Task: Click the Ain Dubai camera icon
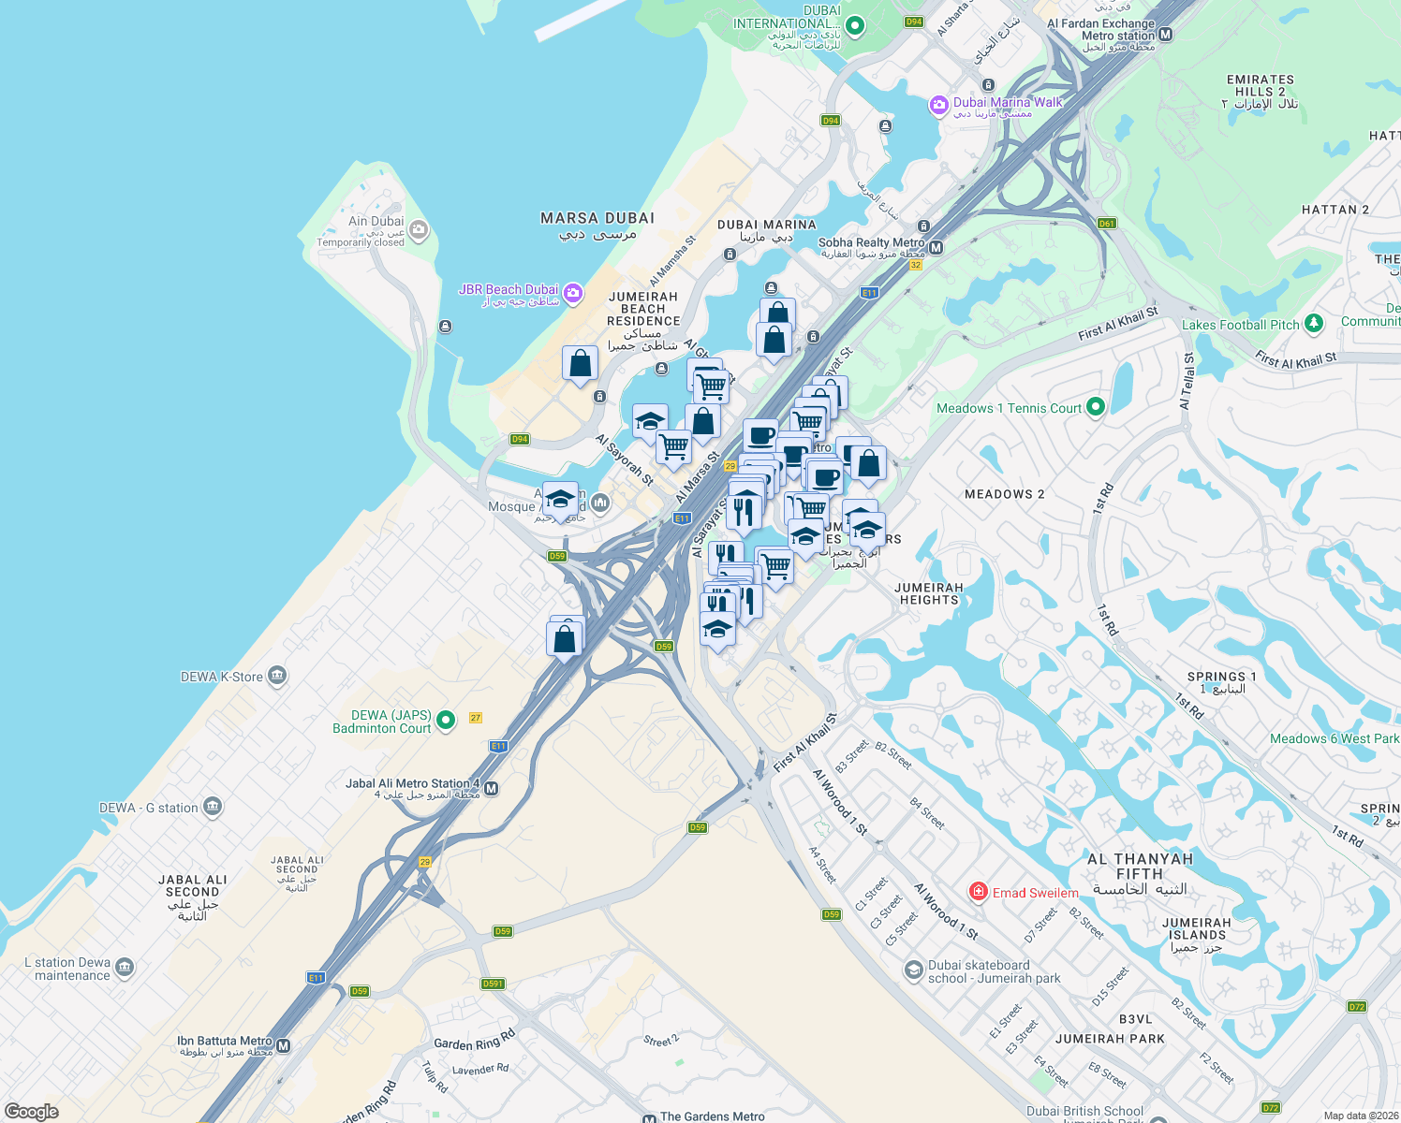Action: click(x=419, y=228)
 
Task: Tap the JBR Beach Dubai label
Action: click(x=509, y=290)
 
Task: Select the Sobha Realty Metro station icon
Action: click(x=936, y=248)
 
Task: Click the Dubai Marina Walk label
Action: click(x=1008, y=103)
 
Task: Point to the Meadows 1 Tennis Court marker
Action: click(x=1096, y=407)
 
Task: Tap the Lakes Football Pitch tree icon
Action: click(x=1314, y=324)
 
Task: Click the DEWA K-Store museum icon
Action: click(x=276, y=676)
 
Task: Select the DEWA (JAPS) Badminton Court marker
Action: click(x=446, y=720)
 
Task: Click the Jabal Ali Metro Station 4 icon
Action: click(x=492, y=789)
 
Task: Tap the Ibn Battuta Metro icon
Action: click(x=284, y=1045)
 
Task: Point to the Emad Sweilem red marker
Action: click(x=979, y=892)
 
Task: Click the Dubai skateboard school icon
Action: click(x=913, y=970)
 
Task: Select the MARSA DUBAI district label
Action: click(x=597, y=219)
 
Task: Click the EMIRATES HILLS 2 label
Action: click(x=1260, y=86)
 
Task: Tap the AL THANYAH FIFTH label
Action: click(x=1140, y=867)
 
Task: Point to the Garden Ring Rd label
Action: click(x=475, y=1040)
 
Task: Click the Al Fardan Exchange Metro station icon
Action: click(x=1166, y=35)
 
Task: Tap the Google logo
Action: click(x=32, y=1112)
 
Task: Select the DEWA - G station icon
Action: click(x=213, y=806)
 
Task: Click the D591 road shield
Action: click(x=493, y=984)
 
